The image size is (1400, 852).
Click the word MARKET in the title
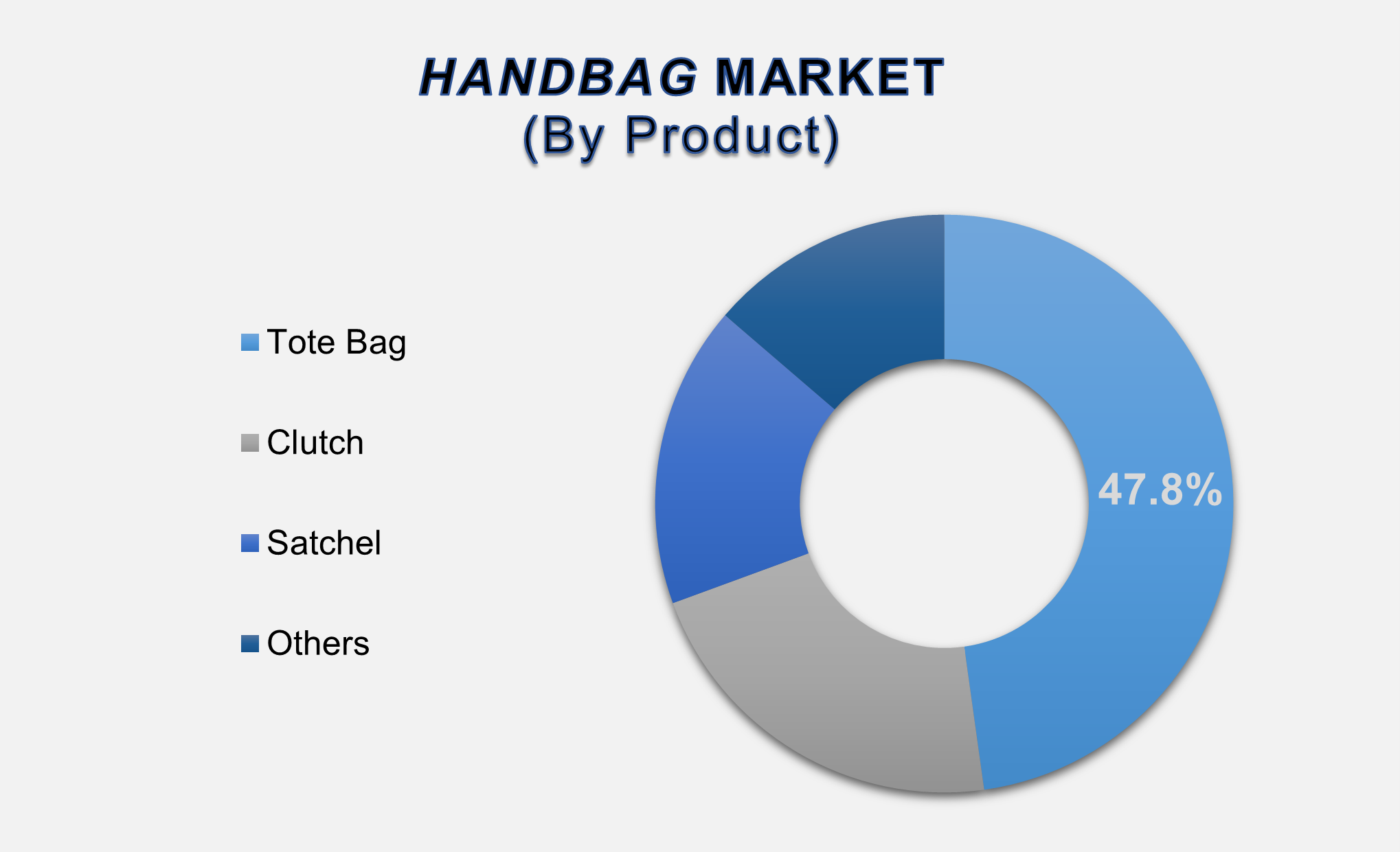[x=830, y=77]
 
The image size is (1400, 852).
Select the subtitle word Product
[x=724, y=135]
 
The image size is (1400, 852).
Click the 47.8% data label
[x=1160, y=490]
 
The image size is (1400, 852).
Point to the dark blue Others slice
[x=859, y=302]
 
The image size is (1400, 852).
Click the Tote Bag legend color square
[x=250, y=343]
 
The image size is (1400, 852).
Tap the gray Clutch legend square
[x=250, y=443]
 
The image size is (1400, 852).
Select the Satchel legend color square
[x=250, y=543]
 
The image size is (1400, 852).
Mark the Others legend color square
[x=250, y=643]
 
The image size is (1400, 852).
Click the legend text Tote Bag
[x=336, y=343]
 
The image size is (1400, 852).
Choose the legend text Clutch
[x=315, y=443]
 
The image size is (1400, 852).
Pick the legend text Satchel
[x=324, y=543]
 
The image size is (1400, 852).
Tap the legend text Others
[x=318, y=643]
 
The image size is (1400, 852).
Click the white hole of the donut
[x=944, y=503]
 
